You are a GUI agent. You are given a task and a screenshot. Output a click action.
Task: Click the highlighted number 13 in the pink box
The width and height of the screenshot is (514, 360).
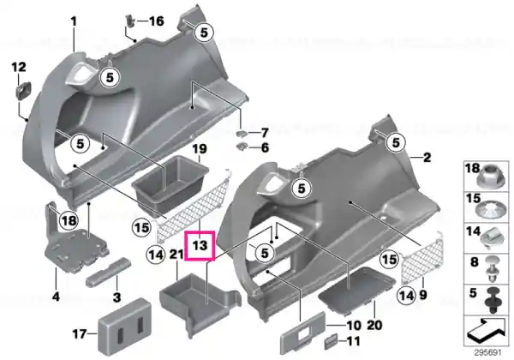click(200, 245)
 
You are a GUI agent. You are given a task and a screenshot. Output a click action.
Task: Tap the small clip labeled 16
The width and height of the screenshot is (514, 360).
click(131, 21)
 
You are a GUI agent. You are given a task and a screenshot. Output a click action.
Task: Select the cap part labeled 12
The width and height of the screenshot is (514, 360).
click(24, 89)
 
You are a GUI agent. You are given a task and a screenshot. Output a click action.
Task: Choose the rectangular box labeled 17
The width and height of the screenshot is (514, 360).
click(124, 327)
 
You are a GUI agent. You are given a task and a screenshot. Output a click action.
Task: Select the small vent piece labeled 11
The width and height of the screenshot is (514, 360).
click(331, 341)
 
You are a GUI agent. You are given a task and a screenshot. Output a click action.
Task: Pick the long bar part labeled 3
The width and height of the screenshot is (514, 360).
click(109, 272)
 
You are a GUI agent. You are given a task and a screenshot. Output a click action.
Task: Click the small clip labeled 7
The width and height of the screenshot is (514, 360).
click(242, 133)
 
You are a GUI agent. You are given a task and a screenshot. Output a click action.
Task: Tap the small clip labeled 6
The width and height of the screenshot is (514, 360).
click(242, 147)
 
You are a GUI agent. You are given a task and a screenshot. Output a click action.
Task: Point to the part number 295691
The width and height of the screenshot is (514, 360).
click(487, 353)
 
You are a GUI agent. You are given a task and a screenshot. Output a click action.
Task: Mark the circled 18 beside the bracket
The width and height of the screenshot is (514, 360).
click(69, 220)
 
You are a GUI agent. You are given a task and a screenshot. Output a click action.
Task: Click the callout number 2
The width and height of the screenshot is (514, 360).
click(427, 158)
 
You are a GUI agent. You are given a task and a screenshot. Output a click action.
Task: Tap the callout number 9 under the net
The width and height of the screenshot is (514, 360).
click(423, 295)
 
